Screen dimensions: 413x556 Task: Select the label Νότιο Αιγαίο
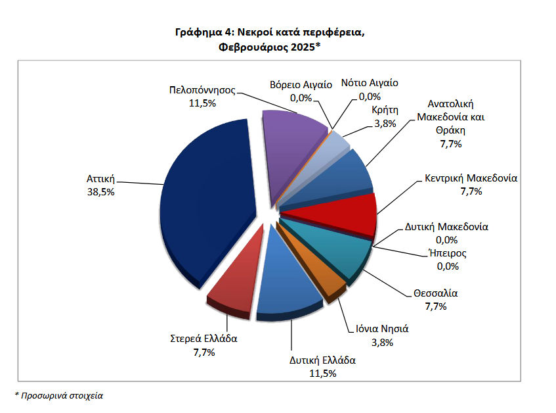370,84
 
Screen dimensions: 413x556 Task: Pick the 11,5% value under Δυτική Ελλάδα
322,373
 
